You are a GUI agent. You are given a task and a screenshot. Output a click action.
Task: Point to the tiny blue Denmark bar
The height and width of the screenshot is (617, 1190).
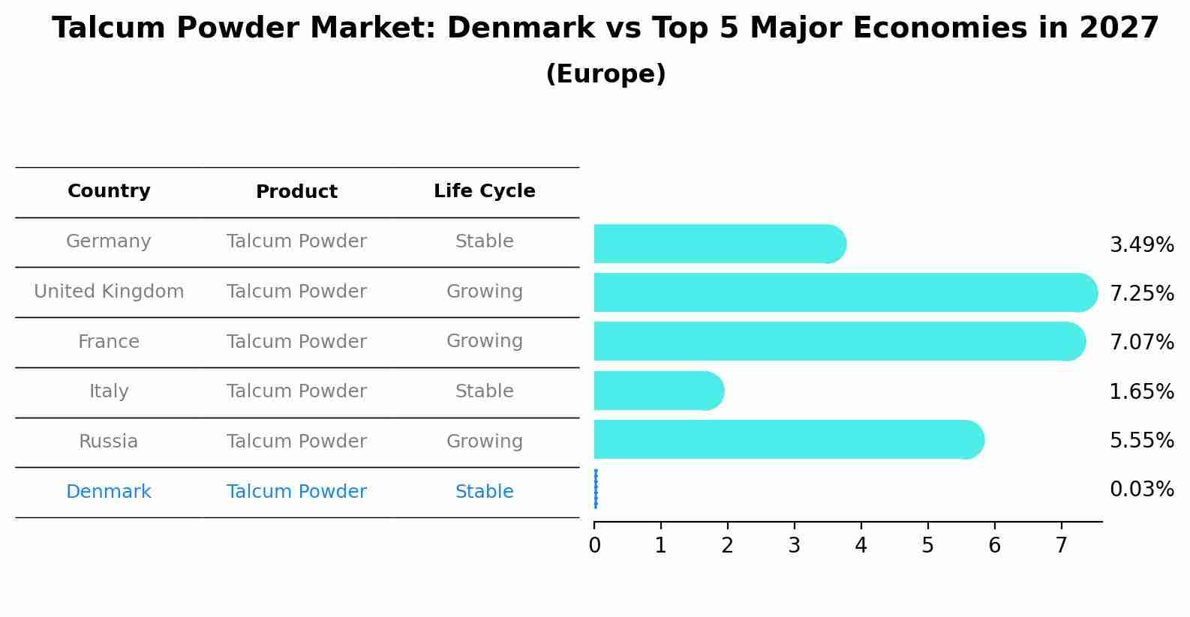point(596,489)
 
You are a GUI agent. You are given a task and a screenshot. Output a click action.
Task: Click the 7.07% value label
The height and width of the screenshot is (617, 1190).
point(1141,343)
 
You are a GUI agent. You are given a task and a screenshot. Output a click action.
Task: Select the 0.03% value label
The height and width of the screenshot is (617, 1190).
point(1141,490)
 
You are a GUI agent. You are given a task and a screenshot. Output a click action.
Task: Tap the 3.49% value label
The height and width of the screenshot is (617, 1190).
point(1141,245)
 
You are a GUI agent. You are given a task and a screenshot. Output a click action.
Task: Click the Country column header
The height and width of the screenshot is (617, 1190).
point(109,191)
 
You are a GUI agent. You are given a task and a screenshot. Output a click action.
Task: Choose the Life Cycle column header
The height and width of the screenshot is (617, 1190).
point(484,191)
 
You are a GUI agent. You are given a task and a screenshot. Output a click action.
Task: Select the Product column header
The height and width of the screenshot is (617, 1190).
point(296,192)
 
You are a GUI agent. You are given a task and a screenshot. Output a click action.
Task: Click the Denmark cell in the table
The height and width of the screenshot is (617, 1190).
point(109,492)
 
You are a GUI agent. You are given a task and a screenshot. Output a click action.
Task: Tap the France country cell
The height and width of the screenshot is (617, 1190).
point(109,342)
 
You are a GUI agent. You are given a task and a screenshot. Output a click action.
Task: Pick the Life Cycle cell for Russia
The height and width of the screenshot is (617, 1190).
point(484,442)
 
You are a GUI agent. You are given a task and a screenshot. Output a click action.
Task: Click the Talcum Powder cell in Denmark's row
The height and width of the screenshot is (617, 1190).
point(296,492)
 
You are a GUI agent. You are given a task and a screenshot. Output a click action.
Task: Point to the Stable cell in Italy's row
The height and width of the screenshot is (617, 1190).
point(484,391)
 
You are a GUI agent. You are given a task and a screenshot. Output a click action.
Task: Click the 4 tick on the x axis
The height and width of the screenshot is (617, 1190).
point(861,546)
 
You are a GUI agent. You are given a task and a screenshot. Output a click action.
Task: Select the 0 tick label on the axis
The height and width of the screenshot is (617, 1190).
point(594,546)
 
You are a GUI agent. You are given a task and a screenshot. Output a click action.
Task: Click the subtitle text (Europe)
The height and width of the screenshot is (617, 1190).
point(606,74)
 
